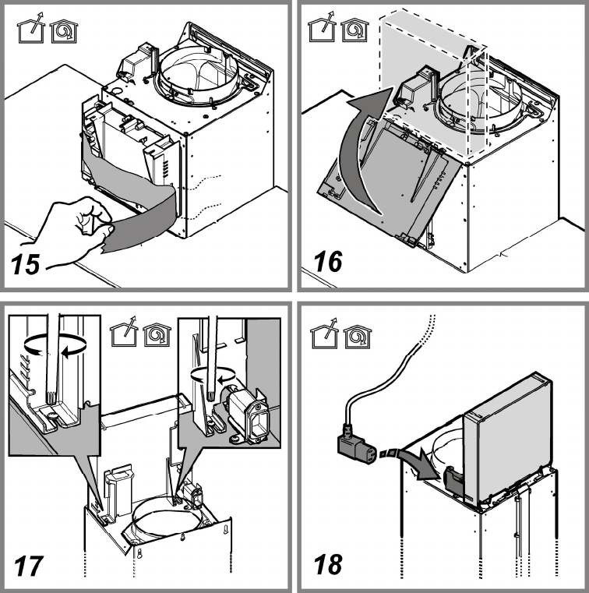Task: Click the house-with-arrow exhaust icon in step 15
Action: [x=30, y=29]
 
